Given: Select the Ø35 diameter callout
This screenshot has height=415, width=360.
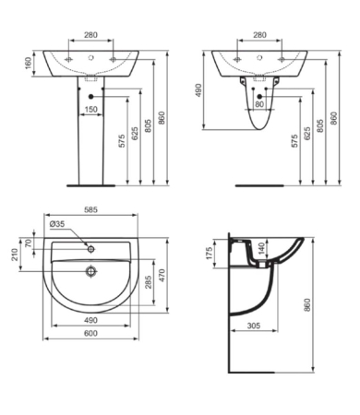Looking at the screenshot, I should coord(57,223).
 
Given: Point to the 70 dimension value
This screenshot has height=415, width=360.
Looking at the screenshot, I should coord(29,244).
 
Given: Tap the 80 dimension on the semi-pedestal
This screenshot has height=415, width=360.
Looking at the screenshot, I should coord(260,104).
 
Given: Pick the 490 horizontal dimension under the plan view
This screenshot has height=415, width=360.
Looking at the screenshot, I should coord(90,320).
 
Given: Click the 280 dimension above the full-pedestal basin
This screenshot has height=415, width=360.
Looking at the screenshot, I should coord(90,35).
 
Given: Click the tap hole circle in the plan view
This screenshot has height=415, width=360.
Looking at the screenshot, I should coord(90,247).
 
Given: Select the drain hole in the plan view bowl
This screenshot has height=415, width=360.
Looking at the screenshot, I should coord(90,271).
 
